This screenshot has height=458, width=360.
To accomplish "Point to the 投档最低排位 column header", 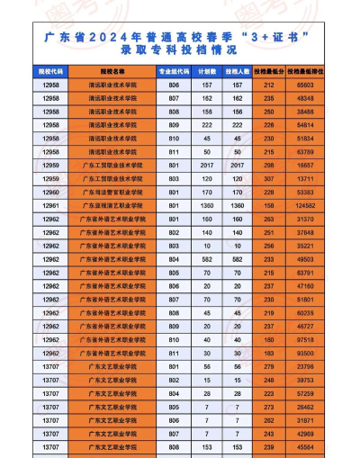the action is pyautogui.click(x=305, y=68).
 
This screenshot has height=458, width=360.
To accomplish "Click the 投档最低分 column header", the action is pyautogui.click(x=268, y=68).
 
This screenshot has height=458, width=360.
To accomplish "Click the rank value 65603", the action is pyautogui.click(x=305, y=84).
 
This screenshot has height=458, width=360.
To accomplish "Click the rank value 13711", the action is pyautogui.click(x=305, y=179).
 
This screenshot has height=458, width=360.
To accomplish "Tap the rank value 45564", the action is pyautogui.click(x=305, y=447).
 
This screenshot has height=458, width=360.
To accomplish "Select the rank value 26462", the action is pyautogui.click(x=305, y=407).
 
